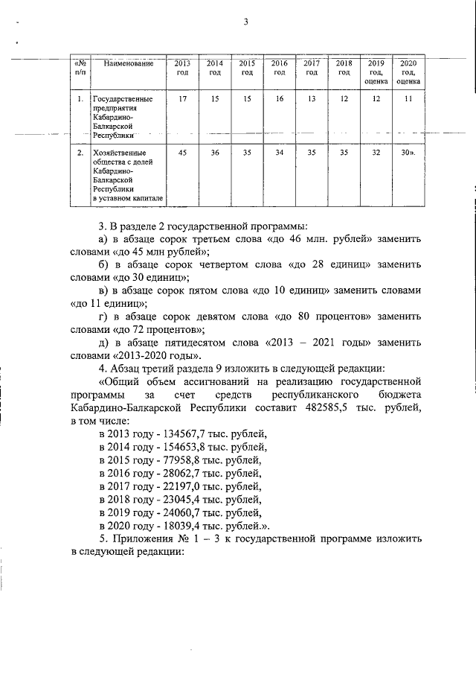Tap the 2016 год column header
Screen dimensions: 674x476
coord(280,68)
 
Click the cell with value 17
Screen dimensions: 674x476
coord(183,99)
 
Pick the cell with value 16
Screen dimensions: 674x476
coord(280,99)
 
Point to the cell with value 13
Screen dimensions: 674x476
coord(312,99)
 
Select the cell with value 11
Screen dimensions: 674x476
coord(408,99)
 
